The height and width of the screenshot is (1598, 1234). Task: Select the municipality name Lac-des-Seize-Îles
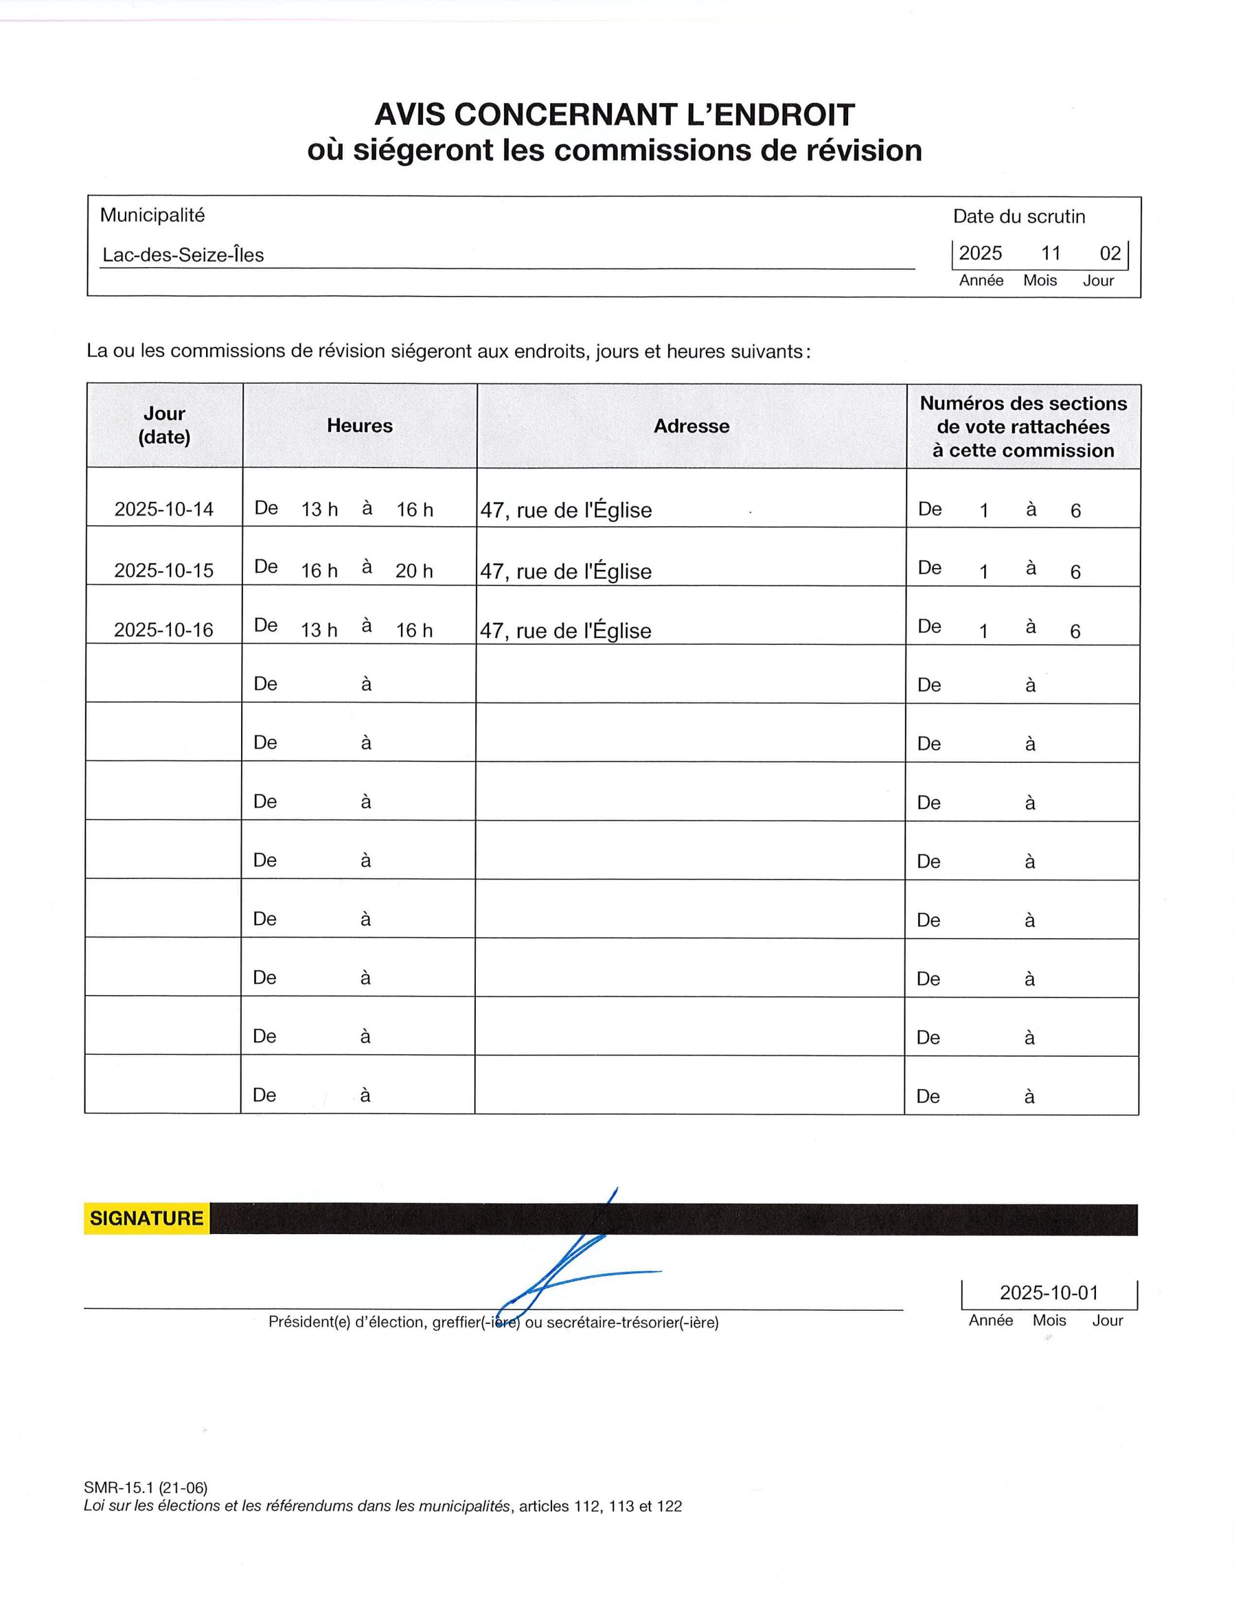click(183, 255)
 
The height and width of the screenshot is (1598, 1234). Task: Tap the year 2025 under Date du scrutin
click(980, 253)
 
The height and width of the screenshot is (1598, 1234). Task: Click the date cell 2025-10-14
click(164, 509)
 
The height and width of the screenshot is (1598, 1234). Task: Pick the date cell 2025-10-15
click(164, 570)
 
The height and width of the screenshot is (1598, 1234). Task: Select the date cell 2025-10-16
click(164, 630)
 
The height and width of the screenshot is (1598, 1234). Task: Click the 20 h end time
click(413, 571)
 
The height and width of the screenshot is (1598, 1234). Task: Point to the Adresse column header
click(691, 426)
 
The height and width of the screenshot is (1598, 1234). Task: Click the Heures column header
click(359, 426)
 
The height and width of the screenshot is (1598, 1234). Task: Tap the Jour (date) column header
click(164, 425)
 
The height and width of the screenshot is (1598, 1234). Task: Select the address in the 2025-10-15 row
click(566, 571)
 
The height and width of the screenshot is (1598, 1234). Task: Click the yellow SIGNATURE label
click(146, 1218)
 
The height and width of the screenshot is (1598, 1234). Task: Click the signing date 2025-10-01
click(1049, 1293)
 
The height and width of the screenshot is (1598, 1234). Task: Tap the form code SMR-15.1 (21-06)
click(146, 1488)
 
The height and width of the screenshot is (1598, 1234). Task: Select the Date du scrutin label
click(1019, 217)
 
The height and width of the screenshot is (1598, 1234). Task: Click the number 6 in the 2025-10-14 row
click(1075, 511)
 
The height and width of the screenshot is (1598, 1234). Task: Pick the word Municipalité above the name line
click(152, 215)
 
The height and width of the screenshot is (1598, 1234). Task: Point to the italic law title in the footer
click(297, 1506)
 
